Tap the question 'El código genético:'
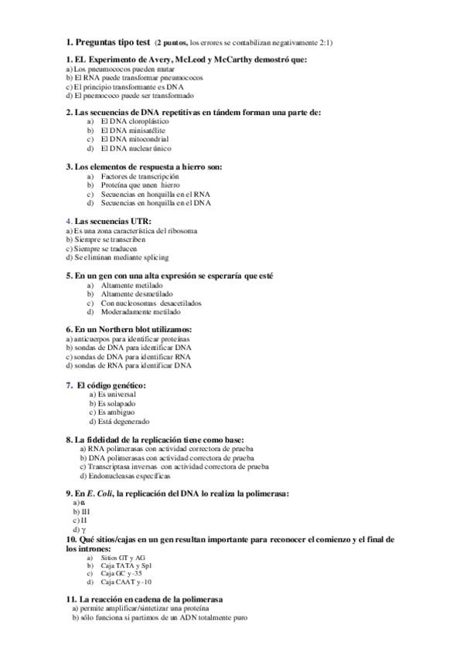click(x=111, y=385)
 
